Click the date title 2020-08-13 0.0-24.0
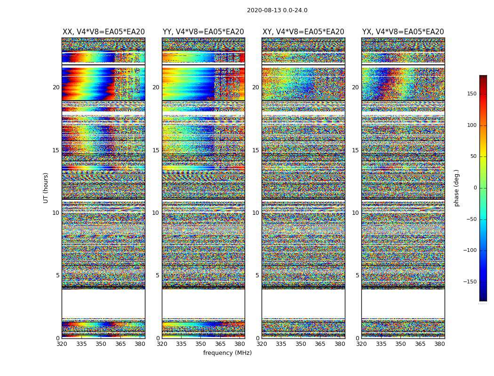coord(277,10)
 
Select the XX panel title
coord(104,32)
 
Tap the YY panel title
coord(203,32)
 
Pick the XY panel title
coord(303,32)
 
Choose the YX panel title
coord(403,32)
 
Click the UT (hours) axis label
coord(46,188)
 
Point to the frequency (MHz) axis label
coord(227,353)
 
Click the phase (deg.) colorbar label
coord(457,188)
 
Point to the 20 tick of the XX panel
coord(56,87)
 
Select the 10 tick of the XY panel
coord(255,213)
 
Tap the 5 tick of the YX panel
coord(357,275)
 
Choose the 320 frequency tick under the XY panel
coord(262,344)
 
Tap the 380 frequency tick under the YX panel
coord(439,344)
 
